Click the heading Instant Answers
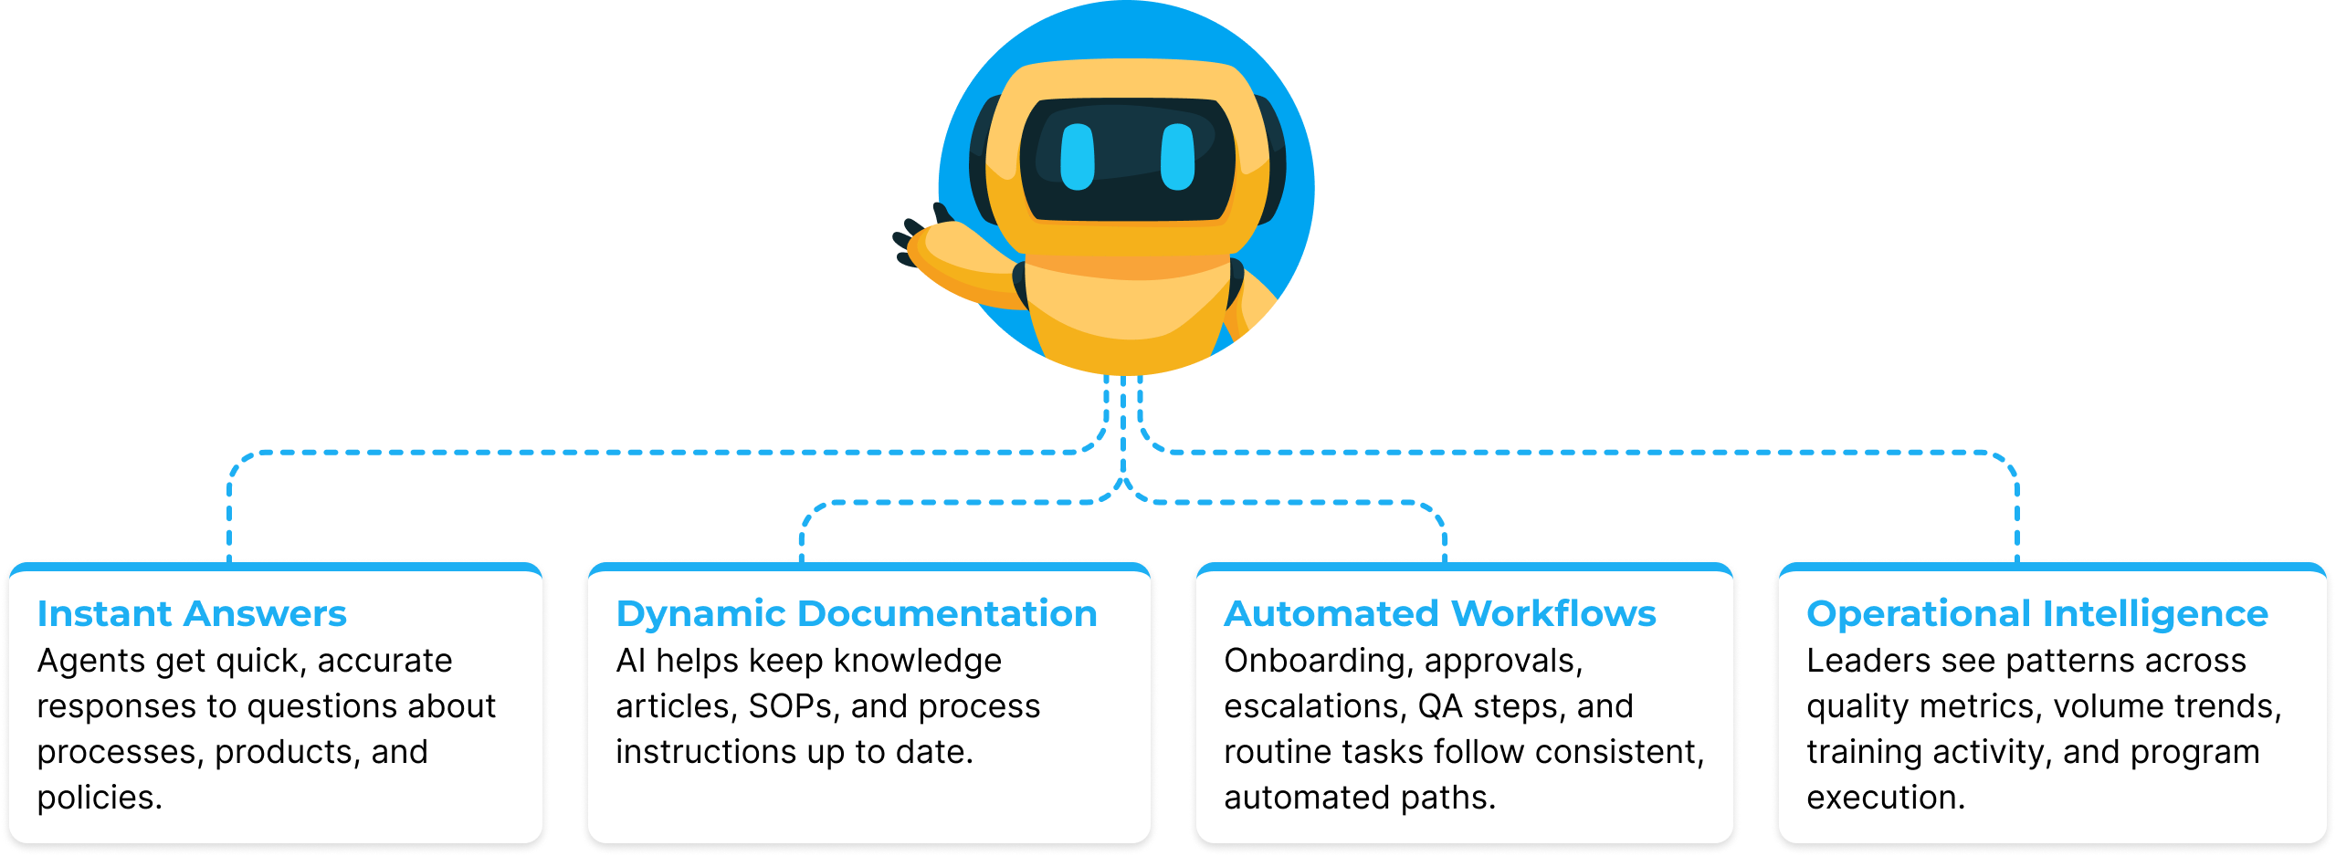click(x=192, y=614)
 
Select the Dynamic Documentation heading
click(x=856, y=614)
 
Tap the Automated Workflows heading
click(x=1439, y=614)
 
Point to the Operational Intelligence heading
click(x=2036, y=614)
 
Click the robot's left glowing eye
click(x=1077, y=157)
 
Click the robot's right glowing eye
click(x=1177, y=157)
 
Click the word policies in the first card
click(x=99, y=798)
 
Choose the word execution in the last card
click(x=1885, y=798)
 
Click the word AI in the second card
click(x=630, y=661)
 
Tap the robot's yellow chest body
click(x=1127, y=310)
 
